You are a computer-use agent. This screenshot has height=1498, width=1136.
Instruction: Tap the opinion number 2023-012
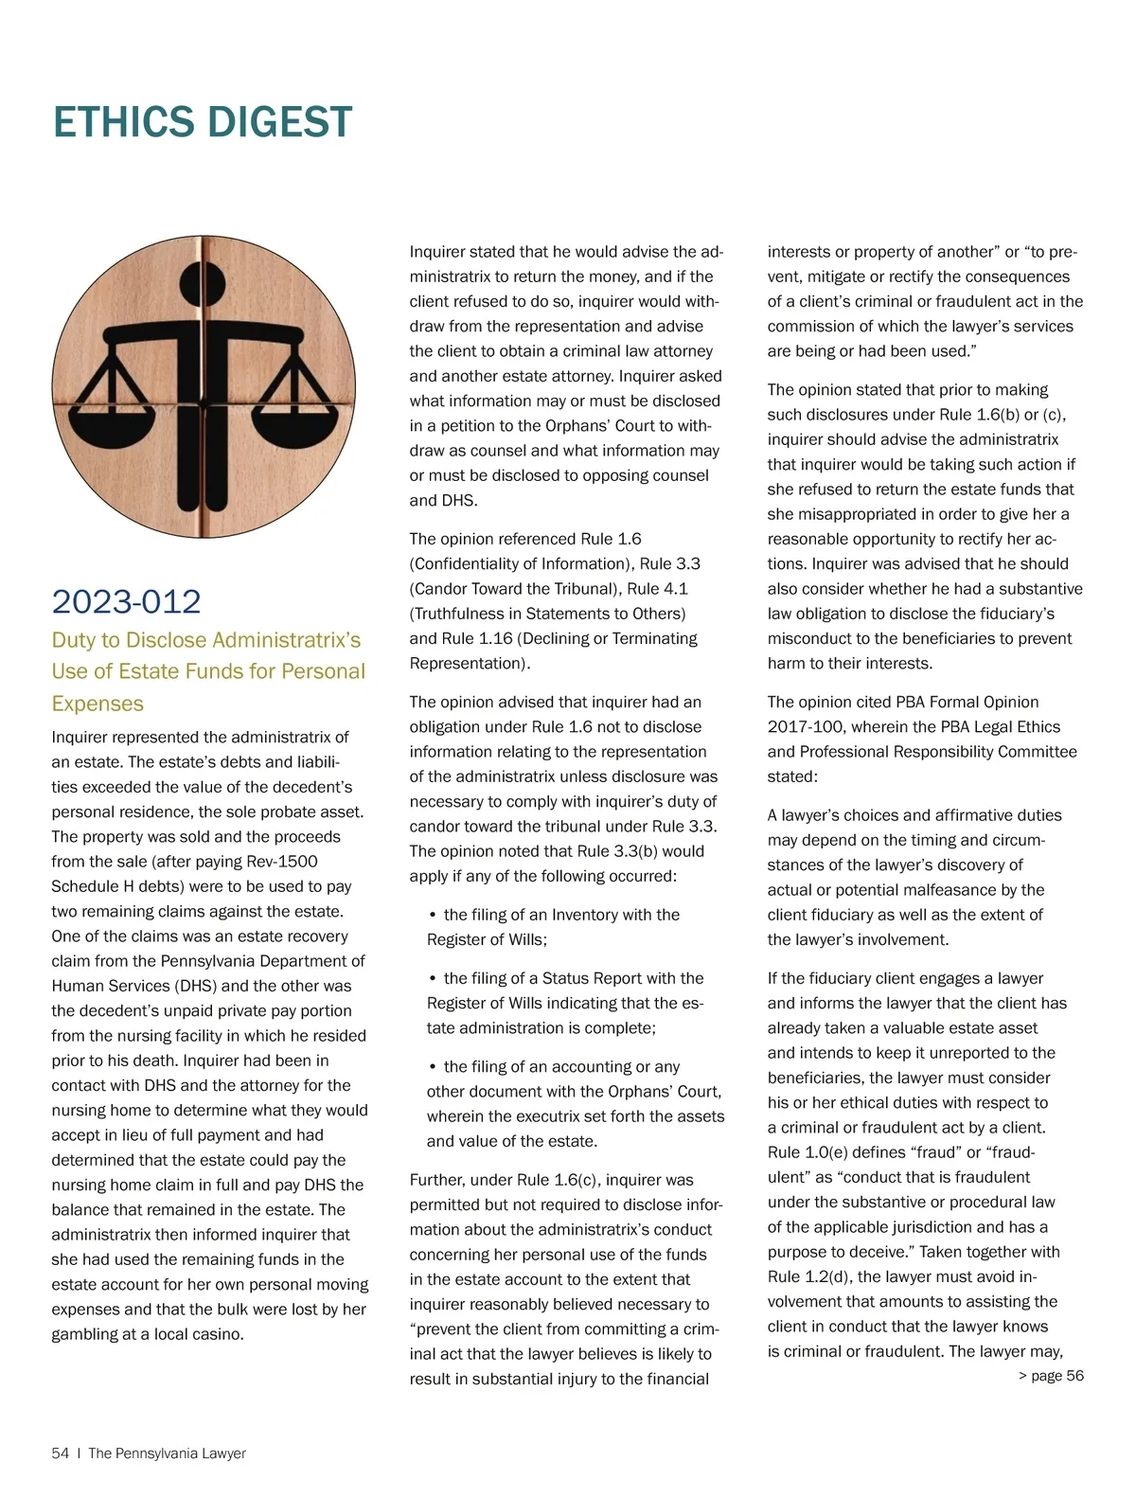tap(126, 602)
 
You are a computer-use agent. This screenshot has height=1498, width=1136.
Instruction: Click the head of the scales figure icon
tap(203, 278)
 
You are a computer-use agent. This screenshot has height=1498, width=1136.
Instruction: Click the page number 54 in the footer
tap(60, 1453)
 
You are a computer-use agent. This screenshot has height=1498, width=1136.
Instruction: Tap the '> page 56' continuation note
tap(1051, 1376)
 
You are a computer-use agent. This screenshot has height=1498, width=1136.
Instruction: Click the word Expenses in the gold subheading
tap(98, 704)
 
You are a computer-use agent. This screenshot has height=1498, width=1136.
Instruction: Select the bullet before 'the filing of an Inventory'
tap(432, 916)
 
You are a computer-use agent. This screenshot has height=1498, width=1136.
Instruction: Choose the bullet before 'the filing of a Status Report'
tap(432, 979)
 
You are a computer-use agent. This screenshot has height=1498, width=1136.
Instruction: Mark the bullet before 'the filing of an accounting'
tap(432, 1067)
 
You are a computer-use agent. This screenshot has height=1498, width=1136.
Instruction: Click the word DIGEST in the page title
tap(279, 123)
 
